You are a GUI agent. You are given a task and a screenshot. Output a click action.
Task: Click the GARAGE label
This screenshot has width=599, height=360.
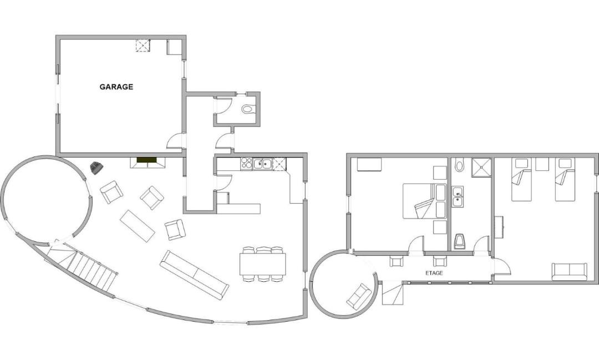[116, 87]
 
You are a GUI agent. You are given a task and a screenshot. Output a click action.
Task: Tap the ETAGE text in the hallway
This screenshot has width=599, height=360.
[434, 273]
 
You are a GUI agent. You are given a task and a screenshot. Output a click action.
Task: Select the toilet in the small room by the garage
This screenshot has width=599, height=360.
[247, 109]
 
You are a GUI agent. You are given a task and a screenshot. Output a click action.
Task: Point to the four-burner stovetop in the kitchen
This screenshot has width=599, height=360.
[246, 164]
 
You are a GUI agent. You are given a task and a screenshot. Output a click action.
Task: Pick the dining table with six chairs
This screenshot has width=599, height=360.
[263, 264]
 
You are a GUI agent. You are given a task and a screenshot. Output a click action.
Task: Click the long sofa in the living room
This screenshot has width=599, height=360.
[195, 275]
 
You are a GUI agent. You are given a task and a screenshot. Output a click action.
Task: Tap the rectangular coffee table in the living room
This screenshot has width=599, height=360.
[137, 226]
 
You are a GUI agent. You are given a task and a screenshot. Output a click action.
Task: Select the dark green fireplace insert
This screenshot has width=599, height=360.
[147, 160]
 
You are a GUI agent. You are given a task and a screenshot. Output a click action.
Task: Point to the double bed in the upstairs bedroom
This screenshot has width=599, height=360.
[425, 201]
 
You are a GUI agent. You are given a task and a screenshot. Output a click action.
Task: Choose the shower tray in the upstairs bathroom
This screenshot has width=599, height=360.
[481, 168]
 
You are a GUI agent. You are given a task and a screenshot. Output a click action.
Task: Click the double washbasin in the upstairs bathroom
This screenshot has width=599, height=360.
[458, 196]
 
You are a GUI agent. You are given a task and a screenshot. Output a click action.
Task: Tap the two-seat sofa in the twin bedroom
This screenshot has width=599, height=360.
[569, 272]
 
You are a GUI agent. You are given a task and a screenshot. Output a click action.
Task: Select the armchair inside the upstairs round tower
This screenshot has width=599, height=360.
[359, 296]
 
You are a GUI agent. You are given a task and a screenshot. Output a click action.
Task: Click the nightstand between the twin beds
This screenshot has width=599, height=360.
[542, 164]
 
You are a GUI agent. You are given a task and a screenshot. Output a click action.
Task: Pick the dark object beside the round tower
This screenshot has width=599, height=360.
[96, 168]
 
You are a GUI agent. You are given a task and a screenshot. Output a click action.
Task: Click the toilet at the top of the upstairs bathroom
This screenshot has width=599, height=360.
[459, 165]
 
